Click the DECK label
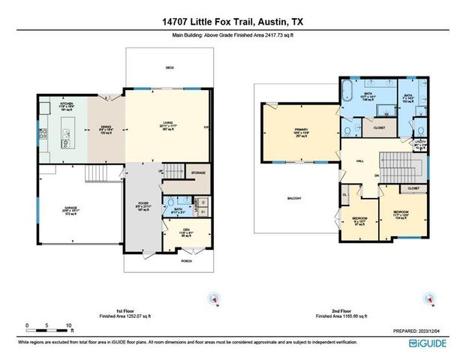pyautogui.click(x=170, y=67)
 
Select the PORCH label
pyautogui.click(x=184, y=262)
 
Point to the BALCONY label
pyautogui.click(x=293, y=198)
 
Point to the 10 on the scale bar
pyautogui.click(x=70, y=325)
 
